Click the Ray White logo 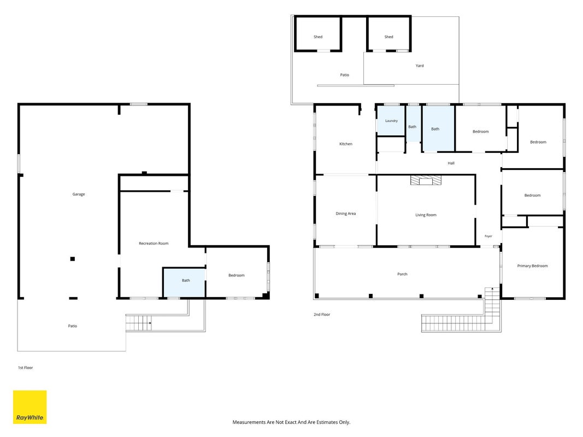click(30, 407)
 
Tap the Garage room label click(79, 194)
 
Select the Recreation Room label click(154, 244)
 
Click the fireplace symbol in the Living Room click(426, 180)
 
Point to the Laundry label click(391, 121)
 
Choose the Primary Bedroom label click(532, 266)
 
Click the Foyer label click(488, 237)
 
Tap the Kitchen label click(346, 144)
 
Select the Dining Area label click(346, 214)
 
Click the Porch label click(402, 274)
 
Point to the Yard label click(420, 66)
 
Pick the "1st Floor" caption click(25, 368)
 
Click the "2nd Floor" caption click(322, 315)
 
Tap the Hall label click(451, 163)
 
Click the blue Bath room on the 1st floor click(185, 282)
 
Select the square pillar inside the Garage click(73, 258)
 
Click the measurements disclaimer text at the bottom click(291, 422)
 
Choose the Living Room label click(426, 215)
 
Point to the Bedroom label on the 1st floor click(237, 275)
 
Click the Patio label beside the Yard click(344, 75)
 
